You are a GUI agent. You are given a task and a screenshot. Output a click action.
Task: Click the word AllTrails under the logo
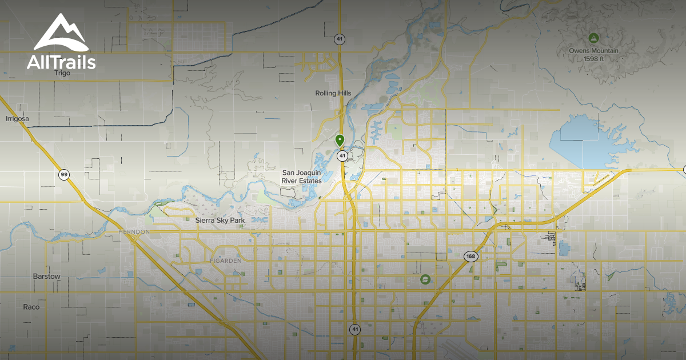click(61, 61)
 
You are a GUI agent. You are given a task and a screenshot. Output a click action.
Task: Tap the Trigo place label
click(62, 73)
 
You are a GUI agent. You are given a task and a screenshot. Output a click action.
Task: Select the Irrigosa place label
click(17, 119)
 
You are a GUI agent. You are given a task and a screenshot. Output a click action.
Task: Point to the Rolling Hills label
click(333, 93)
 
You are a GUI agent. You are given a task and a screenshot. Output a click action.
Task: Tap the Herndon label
click(133, 231)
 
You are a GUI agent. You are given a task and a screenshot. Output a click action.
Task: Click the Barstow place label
click(46, 277)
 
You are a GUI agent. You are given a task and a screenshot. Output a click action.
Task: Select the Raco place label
click(31, 307)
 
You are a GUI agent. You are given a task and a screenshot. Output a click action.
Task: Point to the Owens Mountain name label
click(593, 51)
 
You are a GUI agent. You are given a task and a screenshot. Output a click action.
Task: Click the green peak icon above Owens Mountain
click(593, 38)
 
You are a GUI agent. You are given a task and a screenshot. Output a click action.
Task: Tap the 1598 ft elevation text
click(593, 58)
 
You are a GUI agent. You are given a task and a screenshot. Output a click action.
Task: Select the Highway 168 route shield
click(470, 256)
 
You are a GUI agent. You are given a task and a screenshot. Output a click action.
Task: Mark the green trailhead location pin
click(340, 139)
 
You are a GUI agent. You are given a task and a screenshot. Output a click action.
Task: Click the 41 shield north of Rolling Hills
click(339, 39)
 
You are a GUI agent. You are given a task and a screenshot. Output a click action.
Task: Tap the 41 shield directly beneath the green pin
click(342, 155)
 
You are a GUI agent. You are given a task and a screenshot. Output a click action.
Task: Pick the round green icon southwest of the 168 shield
click(425, 279)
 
